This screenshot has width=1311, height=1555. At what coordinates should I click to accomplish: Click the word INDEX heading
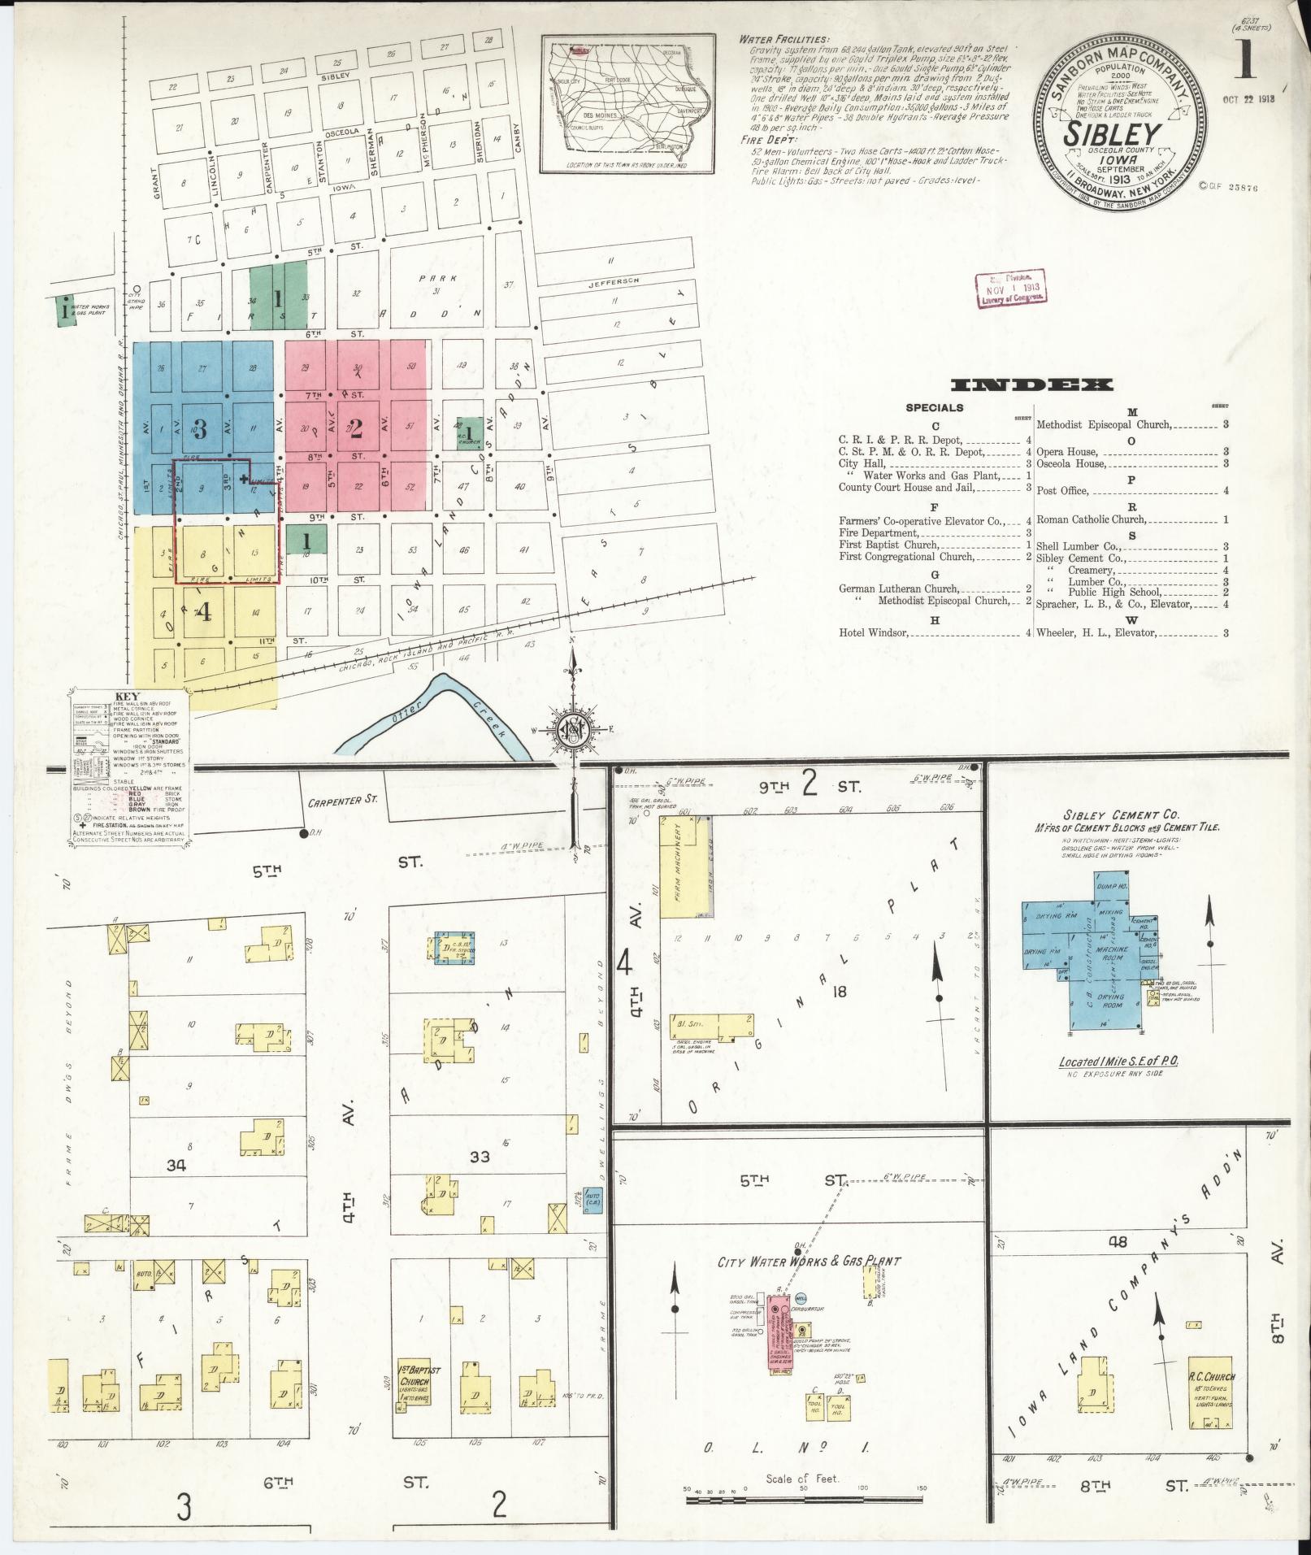pyautogui.click(x=1031, y=385)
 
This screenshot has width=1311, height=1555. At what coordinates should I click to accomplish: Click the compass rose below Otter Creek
pyautogui.click(x=574, y=729)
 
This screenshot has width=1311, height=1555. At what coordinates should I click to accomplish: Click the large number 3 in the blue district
pyautogui.click(x=200, y=428)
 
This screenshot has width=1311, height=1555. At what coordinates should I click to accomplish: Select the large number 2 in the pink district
pyautogui.click(x=355, y=428)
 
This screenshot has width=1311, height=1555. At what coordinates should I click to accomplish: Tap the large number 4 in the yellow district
pyautogui.click(x=204, y=611)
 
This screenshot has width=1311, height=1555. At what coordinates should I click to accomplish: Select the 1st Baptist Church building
pyautogui.click(x=419, y=1383)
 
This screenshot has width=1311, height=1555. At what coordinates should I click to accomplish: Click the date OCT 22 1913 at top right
pyautogui.click(x=1248, y=99)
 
